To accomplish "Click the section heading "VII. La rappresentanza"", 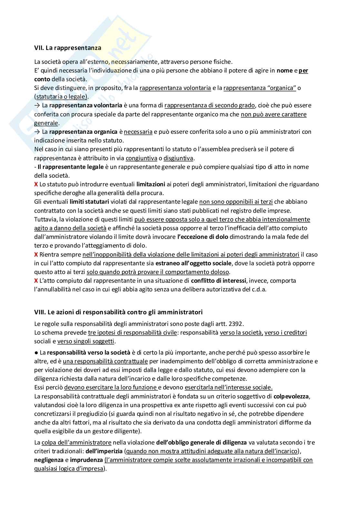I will [x=67, y=48].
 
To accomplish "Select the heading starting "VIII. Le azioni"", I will [x=118, y=312].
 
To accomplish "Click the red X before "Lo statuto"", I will [x=36, y=184].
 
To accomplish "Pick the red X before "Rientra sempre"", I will [x=36, y=254].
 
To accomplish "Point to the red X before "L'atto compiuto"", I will [x=36, y=280].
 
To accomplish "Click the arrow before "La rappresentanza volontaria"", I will [x=37, y=105].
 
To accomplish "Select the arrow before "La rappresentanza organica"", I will [x=37, y=132].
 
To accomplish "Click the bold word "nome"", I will [x=285, y=71].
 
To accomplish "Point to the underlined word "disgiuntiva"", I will [x=178, y=158].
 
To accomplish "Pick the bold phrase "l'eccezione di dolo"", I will [x=203, y=237].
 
